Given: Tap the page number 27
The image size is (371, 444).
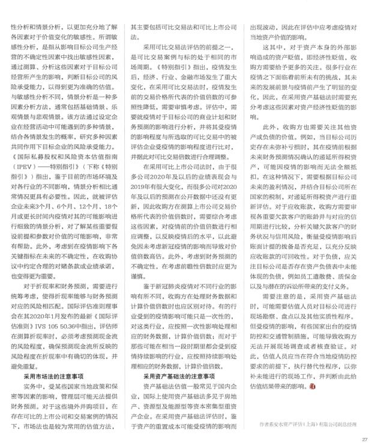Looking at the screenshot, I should click(x=363, y=440).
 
